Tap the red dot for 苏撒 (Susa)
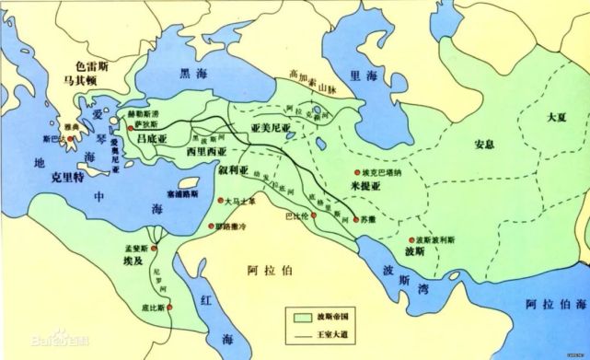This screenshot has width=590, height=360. pyautogui.click(x=353, y=219)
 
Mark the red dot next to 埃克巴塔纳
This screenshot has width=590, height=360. pyautogui.click(x=354, y=172)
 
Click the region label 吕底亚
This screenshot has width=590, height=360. pyautogui.click(x=153, y=138)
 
